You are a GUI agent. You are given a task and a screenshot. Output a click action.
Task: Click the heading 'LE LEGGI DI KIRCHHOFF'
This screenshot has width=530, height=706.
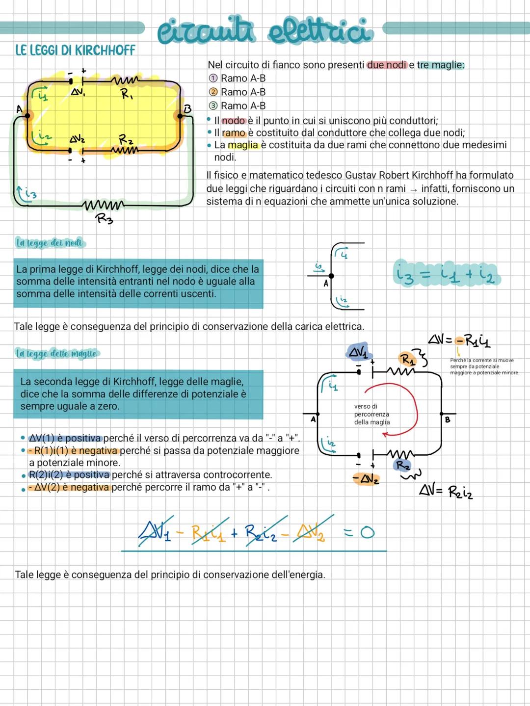(75, 50)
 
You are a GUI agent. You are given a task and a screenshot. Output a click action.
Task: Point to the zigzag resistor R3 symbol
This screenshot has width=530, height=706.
(103, 205)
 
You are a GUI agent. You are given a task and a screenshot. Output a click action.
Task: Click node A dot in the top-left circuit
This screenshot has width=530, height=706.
(27, 115)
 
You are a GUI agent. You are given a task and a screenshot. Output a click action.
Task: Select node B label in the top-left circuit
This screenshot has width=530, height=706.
(187, 109)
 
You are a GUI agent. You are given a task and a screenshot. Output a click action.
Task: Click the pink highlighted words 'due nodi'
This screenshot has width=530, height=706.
(387, 65)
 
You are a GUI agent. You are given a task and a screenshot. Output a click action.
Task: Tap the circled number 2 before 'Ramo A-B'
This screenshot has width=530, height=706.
(213, 92)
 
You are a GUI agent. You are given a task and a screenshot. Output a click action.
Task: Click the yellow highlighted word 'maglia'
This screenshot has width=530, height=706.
(243, 145)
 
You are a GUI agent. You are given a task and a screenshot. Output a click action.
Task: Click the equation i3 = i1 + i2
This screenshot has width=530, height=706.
(447, 275)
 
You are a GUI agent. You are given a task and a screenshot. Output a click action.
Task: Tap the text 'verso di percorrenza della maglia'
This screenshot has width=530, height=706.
(372, 414)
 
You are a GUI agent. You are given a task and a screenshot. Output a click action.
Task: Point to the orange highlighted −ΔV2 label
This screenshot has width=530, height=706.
(366, 479)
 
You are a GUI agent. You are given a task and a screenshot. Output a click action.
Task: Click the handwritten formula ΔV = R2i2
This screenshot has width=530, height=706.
(446, 491)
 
